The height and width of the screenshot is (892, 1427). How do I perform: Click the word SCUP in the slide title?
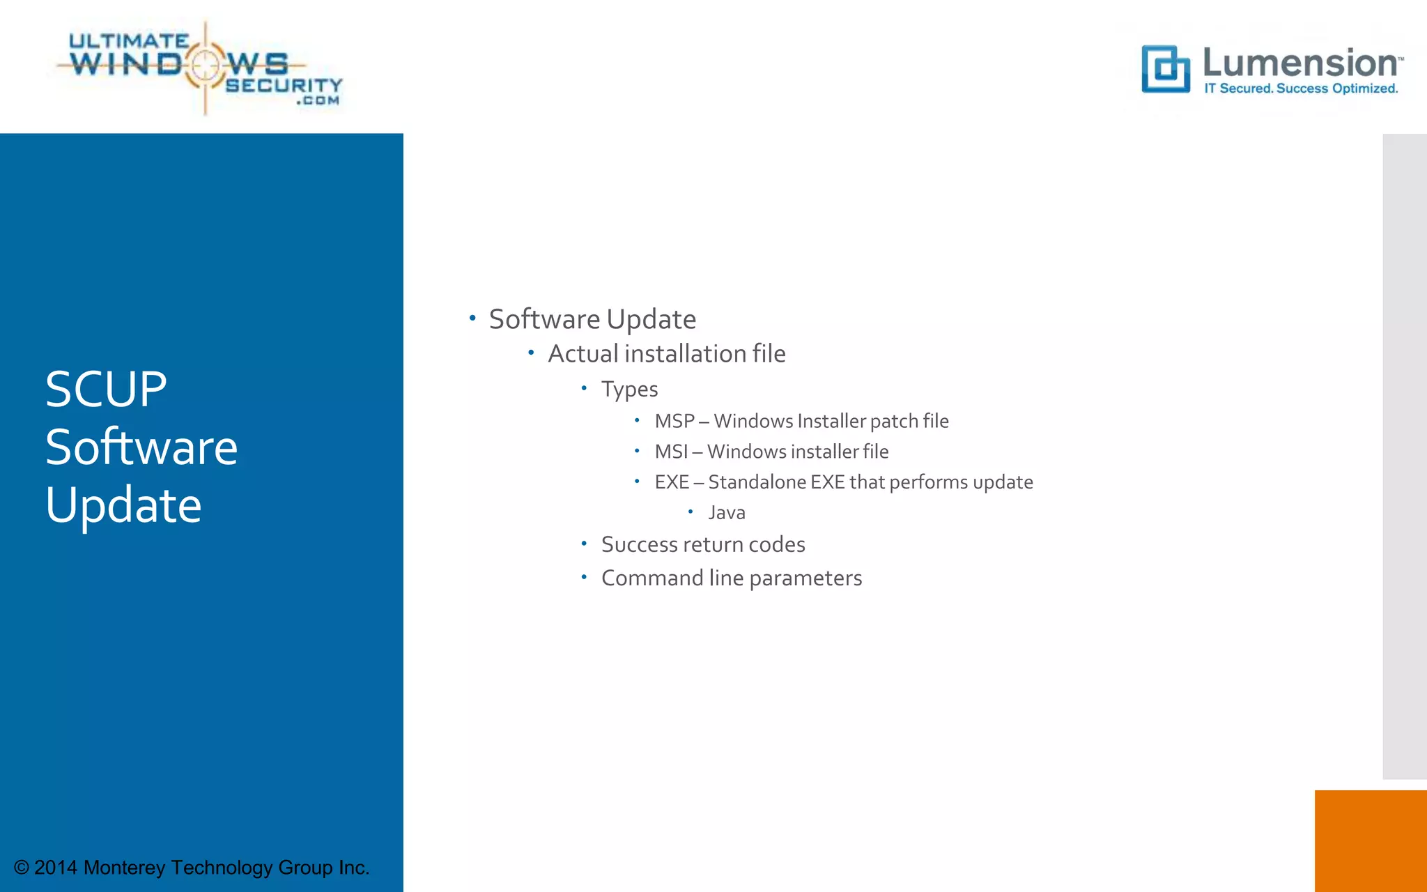pyautogui.click(x=106, y=389)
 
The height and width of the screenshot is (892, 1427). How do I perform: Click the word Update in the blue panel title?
pyautogui.click(x=123, y=505)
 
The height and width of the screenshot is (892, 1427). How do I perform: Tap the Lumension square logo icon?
pyautogui.click(x=1165, y=69)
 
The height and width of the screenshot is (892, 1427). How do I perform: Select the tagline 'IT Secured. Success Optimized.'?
pyautogui.click(x=1301, y=89)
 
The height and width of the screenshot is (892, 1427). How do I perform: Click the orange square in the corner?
pyautogui.click(x=1371, y=840)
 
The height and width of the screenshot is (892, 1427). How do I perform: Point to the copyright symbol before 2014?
pyautogui.click(x=22, y=868)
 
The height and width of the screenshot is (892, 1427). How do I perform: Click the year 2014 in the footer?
pyautogui.click(x=56, y=868)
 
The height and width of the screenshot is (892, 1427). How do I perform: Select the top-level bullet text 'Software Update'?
pyautogui.click(x=592, y=319)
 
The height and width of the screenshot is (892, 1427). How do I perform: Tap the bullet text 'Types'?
pyautogui.click(x=629, y=389)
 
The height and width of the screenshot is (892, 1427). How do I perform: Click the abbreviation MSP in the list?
pyautogui.click(x=674, y=421)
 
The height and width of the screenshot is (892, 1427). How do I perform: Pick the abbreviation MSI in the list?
pyautogui.click(x=670, y=452)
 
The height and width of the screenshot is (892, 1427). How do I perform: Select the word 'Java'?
pyautogui.click(x=726, y=513)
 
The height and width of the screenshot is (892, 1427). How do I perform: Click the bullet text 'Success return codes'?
pyautogui.click(x=703, y=544)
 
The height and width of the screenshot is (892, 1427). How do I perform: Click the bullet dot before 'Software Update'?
pyautogui.click(x=472, y=318)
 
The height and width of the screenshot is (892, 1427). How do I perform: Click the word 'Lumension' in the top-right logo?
pyautogui.click(x=1300, y=63)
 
